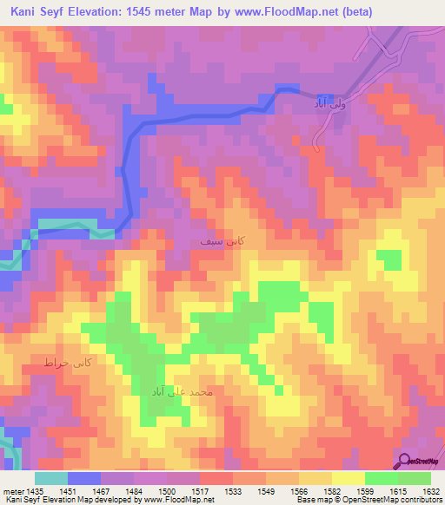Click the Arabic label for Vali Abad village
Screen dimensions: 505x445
(331, 103)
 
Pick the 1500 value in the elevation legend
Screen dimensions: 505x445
(170, 491)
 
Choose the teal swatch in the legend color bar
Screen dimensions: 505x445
(51, 478)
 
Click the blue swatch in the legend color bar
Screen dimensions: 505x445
(84, 478)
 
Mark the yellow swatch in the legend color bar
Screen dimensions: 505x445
(348, 478)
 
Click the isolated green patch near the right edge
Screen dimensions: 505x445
(389, 259)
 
